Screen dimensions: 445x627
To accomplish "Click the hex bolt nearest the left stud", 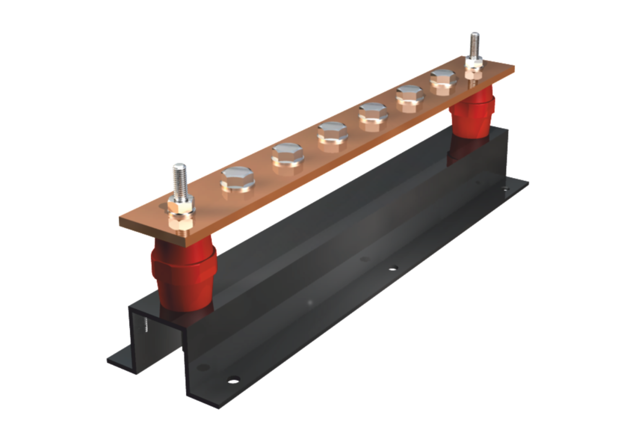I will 238,180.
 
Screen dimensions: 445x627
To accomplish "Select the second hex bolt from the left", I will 288,155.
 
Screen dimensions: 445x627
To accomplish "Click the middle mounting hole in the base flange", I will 393,268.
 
